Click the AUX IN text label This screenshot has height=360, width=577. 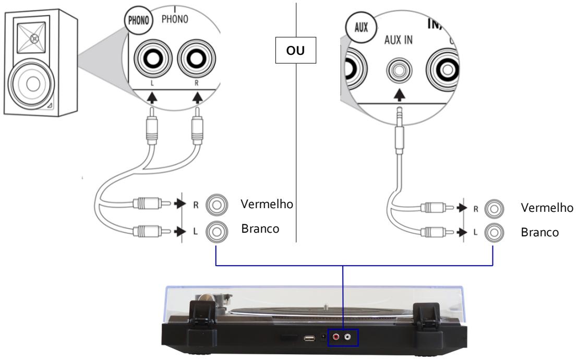click(398, 41)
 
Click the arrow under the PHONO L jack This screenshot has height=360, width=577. click(151, 97)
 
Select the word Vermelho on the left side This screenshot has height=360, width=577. click(267, 203)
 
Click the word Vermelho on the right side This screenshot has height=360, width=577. click(547, 207)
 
